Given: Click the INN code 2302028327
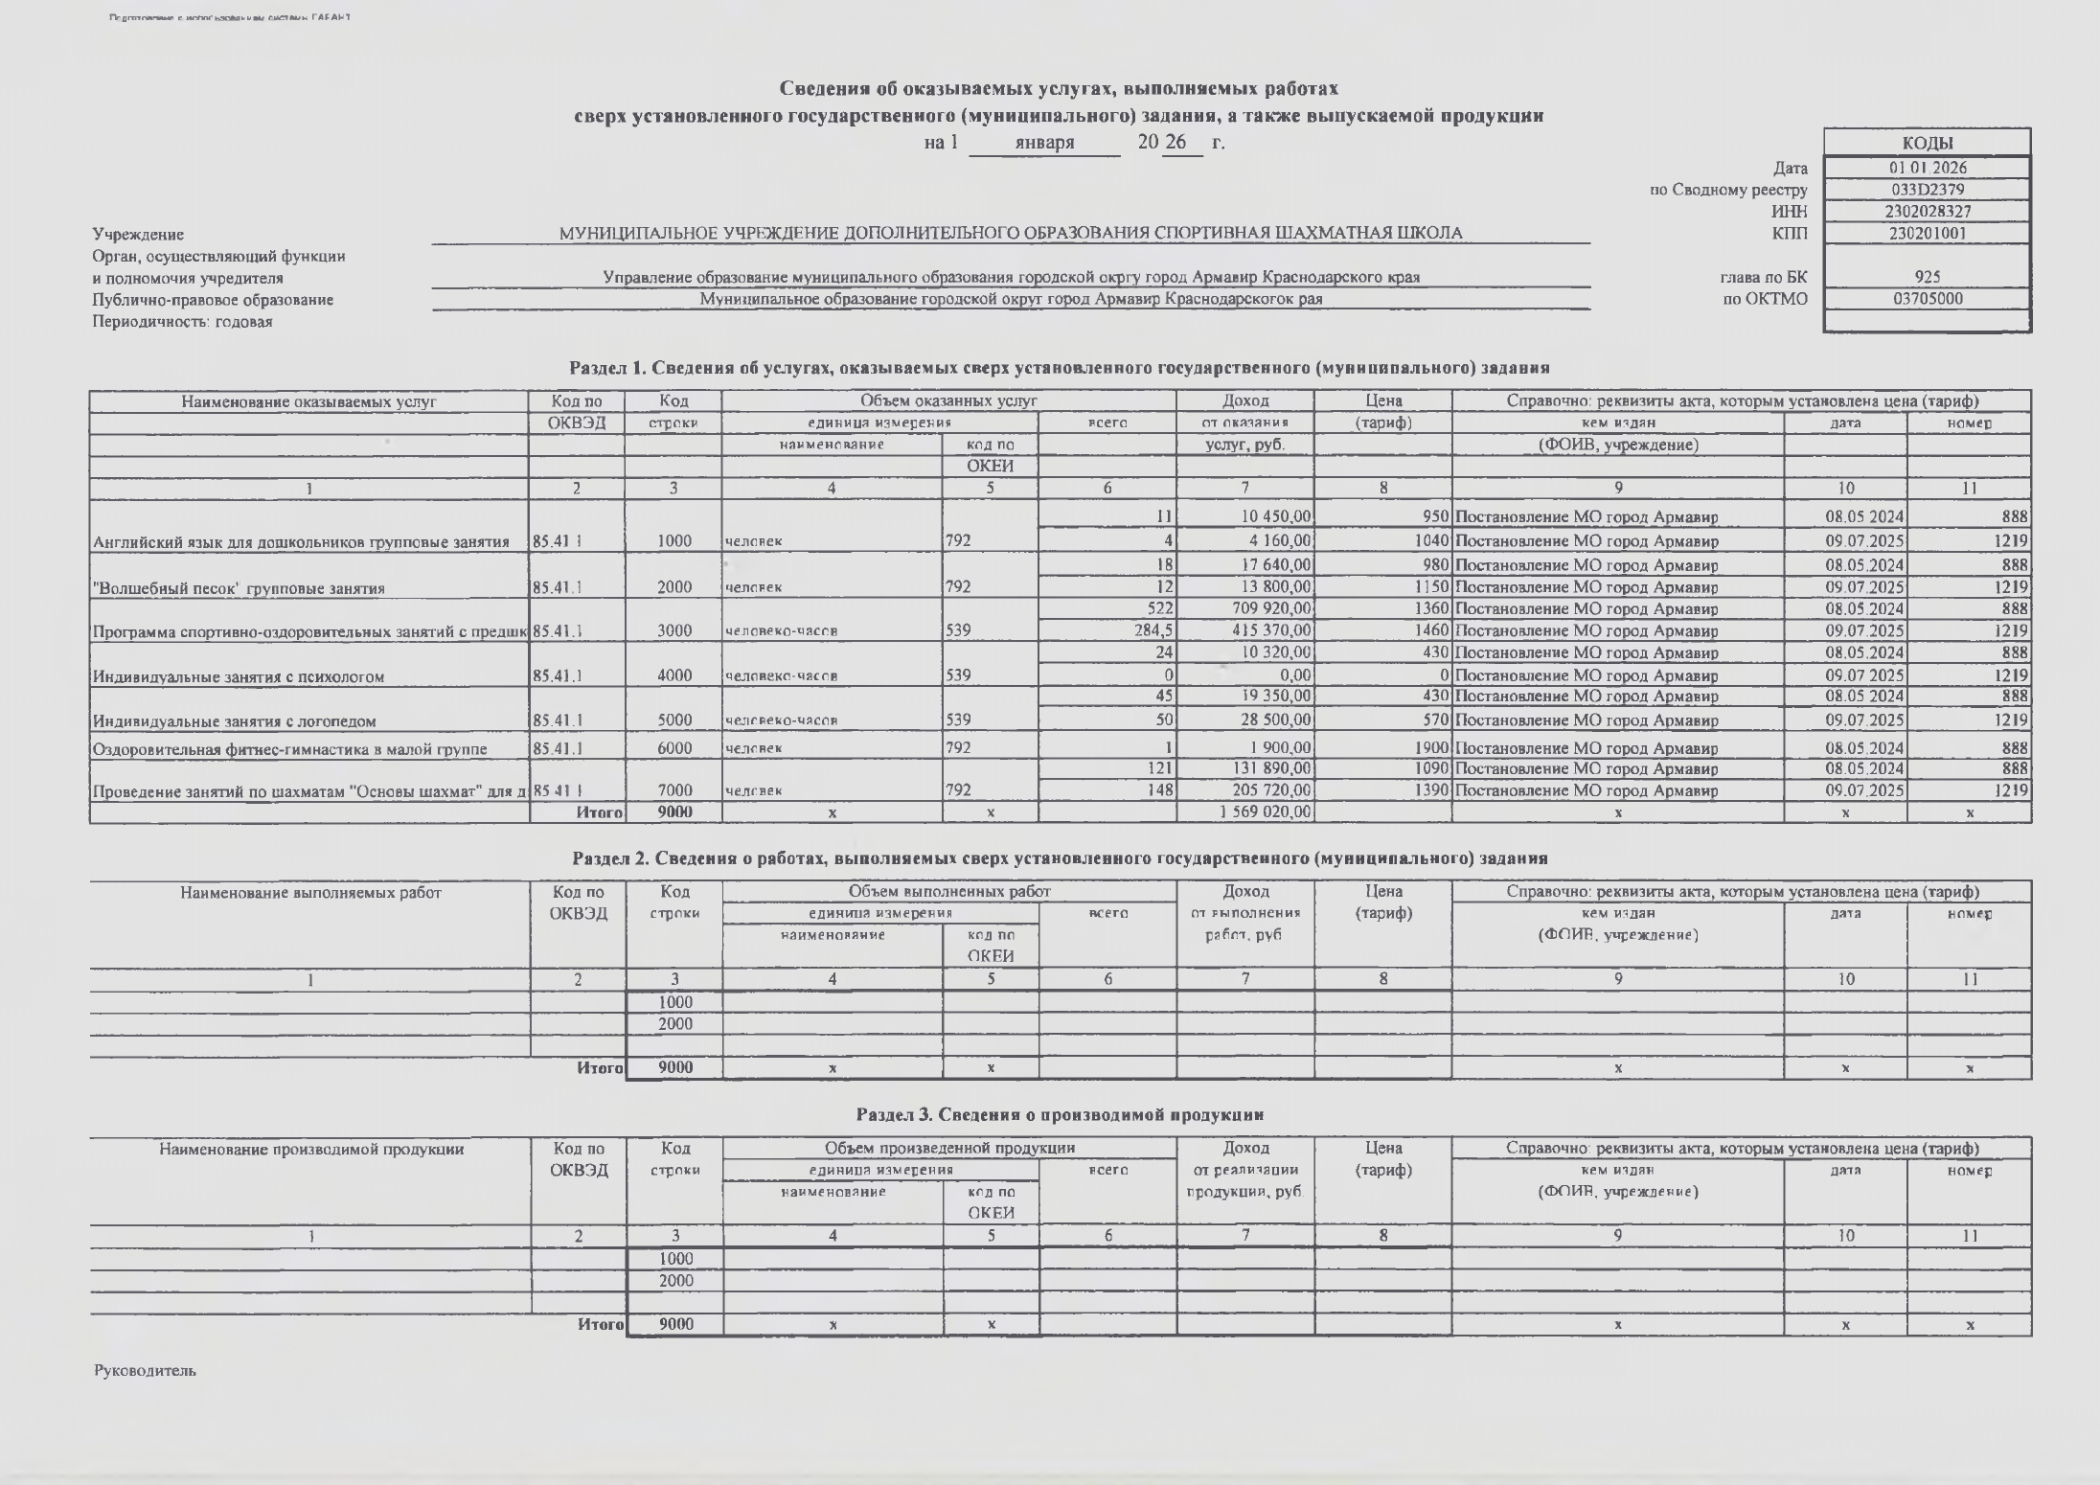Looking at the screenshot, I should pyautogui.click(x=1927, y=212).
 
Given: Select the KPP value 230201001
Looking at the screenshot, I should pyautogui.click(x=1927, y=233).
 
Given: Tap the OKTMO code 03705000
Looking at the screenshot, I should pyautogui.click(x=1927, y=299).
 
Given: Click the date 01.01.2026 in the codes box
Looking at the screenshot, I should pyautogui.click(x=1927, y=168).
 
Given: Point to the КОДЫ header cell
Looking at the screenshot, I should pyautogui.click(x=1927, y=143).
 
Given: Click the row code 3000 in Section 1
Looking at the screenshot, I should pyautogui.click(x=673, y=631).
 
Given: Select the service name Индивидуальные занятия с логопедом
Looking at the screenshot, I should pyautogui.click(x=234, y=721).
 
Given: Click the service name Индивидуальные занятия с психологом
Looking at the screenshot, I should pyautogui.click(x=238, y=676).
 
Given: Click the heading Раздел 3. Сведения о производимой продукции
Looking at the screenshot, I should pyautogui.click(x=1060, y=1114).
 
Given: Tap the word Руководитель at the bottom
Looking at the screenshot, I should pyautogui.click(x=145, y=1371).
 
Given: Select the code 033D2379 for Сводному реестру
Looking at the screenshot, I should pyautogui.click(x=1927, y=190).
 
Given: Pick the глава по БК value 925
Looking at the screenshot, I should pyautogui.click(x=1927, y=278).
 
